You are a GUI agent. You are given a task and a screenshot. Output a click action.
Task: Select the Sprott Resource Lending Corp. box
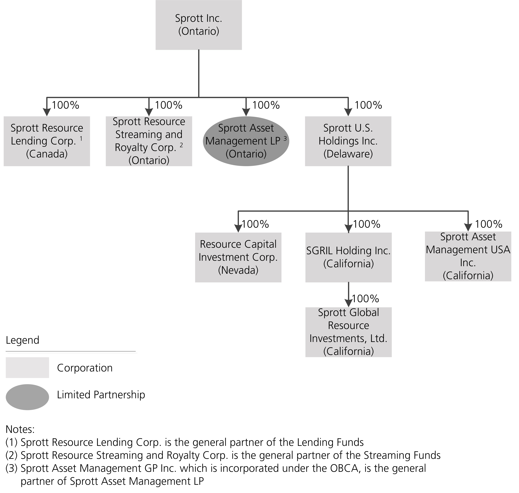(47, 141)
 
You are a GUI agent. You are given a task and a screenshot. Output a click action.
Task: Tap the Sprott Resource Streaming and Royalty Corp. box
(149, 141)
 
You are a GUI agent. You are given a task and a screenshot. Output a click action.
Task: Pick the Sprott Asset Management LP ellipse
(246, 141)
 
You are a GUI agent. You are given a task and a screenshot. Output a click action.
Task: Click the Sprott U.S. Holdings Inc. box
(348, 141)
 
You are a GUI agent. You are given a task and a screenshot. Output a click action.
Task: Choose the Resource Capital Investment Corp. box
(238, 257)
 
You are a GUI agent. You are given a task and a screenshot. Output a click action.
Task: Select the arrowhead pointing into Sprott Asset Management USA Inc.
(468, 227)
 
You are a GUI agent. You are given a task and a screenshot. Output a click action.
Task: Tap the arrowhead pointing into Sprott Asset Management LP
(246, 112)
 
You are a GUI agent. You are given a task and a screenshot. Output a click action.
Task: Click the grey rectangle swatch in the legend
(27, 367)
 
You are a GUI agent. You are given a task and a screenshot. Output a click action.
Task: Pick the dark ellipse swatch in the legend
(27, 397)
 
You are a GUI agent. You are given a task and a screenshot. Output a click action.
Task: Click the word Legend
(23, 340)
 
